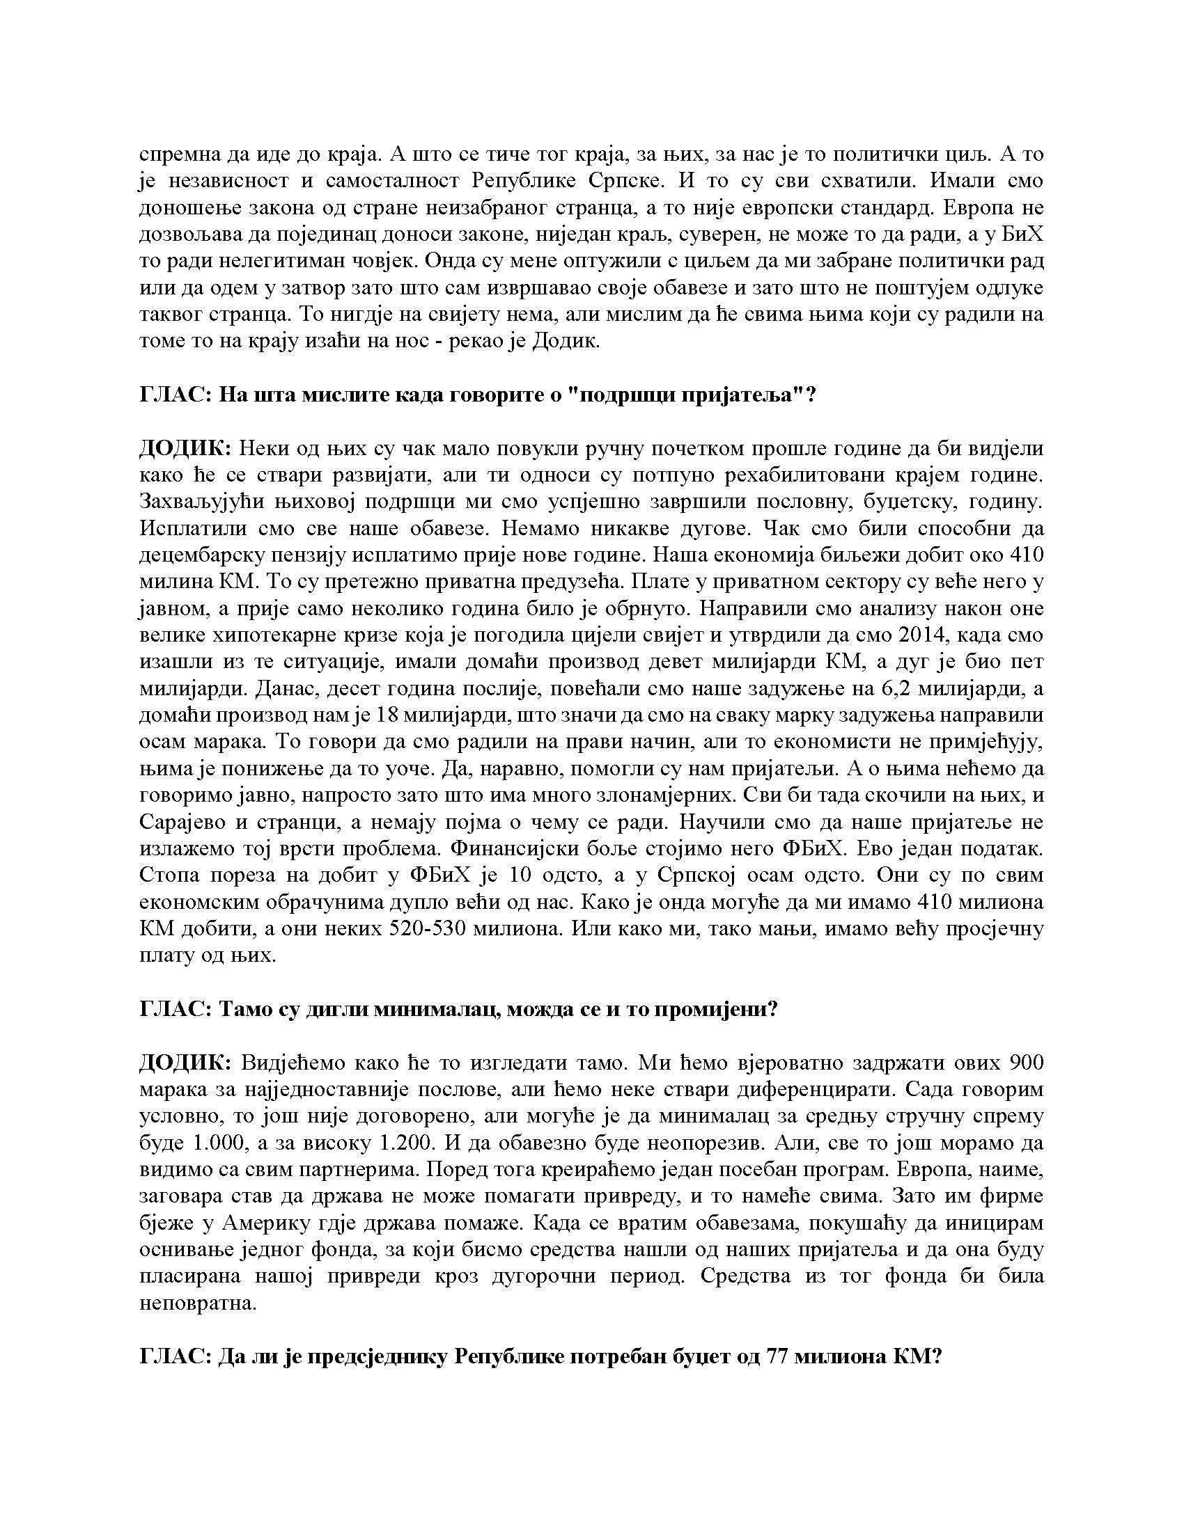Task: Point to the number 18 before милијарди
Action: pos(390,715)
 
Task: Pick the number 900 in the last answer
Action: pos(1025,1063)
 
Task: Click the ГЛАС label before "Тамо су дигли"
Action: pos(175,1009)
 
